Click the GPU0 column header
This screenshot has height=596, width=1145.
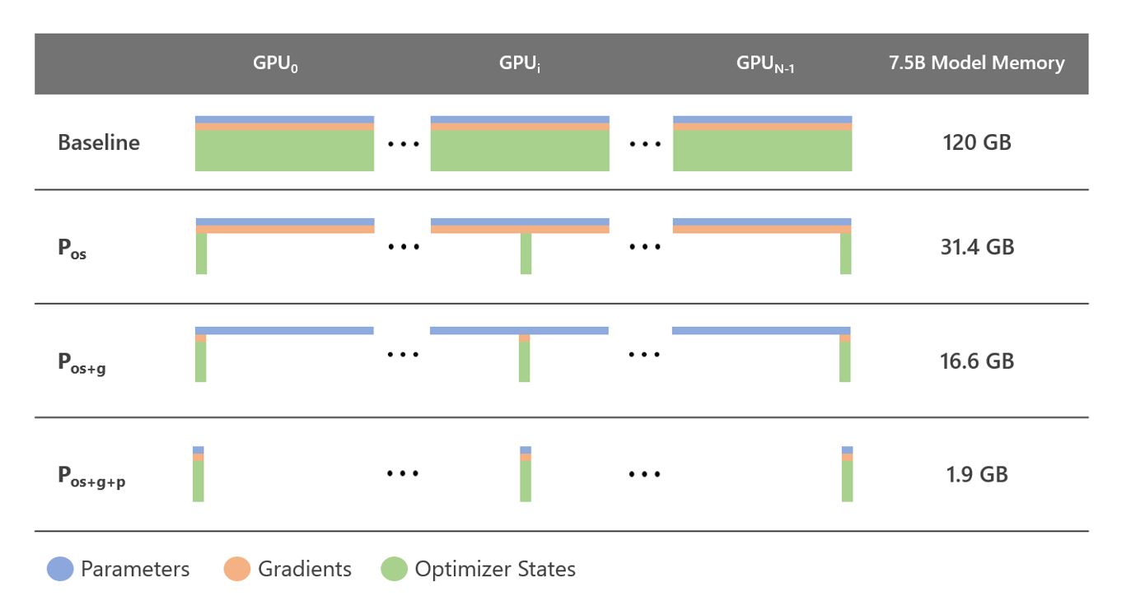tap(275, 64)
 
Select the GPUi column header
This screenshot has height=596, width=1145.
tap(520, 64)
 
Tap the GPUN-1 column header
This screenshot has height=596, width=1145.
tap(765, 64)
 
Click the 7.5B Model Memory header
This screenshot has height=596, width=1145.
tap(976, 63)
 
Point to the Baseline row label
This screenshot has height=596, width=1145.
tap(99, 142)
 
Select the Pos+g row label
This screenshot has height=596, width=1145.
tap(82, 363)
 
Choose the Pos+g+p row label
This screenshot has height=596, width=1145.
tap(91, 477)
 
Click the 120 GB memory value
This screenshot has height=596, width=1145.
tap(976, 142)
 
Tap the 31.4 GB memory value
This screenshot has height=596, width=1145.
tap(976, 247)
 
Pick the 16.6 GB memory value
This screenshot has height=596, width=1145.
tap(976, 361)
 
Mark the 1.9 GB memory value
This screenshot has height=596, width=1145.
tap(976, 474)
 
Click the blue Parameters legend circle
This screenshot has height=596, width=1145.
tap(59, 570)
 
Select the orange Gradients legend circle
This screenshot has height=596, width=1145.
tap(236, 570)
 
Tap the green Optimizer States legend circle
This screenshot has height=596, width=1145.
tap(394, 570)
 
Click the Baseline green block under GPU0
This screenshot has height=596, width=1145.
tap(284, 151)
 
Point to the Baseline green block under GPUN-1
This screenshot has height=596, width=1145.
tap(762, 151)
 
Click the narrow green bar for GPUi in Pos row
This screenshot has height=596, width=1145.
tap(526, 254)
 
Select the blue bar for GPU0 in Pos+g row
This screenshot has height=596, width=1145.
tap(284, 330)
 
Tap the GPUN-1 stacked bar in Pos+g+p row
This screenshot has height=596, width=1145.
tap(847, 474)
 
